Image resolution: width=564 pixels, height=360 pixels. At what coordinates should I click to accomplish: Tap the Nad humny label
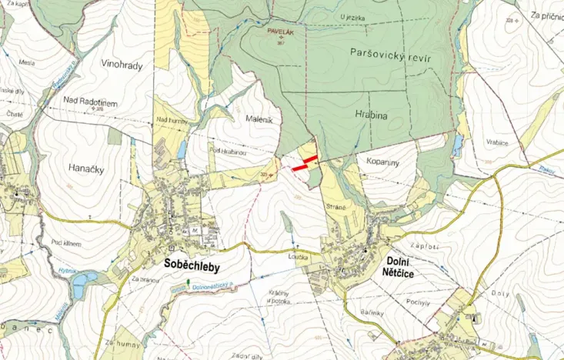[172, 120]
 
